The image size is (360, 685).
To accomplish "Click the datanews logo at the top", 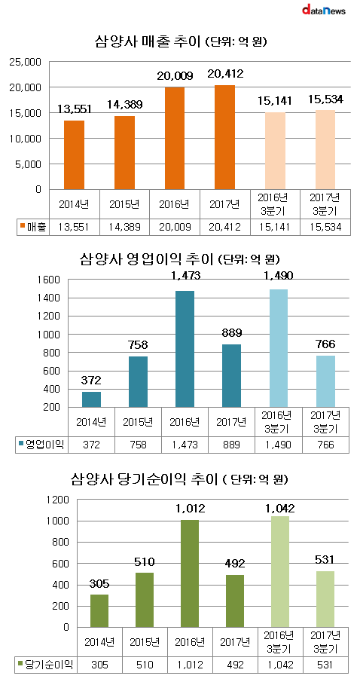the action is click(324, 10).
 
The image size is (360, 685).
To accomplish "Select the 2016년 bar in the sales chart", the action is click(175, 138).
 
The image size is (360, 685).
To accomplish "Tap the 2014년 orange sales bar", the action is click(74, 155).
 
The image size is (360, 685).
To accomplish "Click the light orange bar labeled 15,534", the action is click(325, 150).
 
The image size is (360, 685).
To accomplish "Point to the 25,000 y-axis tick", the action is click(26, 62).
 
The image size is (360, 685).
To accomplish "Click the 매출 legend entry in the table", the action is click(32, 226).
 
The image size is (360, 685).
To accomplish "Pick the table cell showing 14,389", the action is click(124, 226).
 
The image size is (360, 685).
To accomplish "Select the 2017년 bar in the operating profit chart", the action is click(231, 376).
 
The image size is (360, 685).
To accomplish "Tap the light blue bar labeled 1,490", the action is click(279, 348).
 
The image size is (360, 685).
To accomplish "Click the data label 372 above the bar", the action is click(91, 381).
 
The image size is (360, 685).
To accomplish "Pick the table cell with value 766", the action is click(325, 445).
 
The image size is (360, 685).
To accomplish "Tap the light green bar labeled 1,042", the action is click(279, 572).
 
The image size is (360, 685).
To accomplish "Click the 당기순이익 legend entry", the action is click(45, 665).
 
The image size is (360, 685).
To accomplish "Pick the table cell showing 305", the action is click(100, 665).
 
